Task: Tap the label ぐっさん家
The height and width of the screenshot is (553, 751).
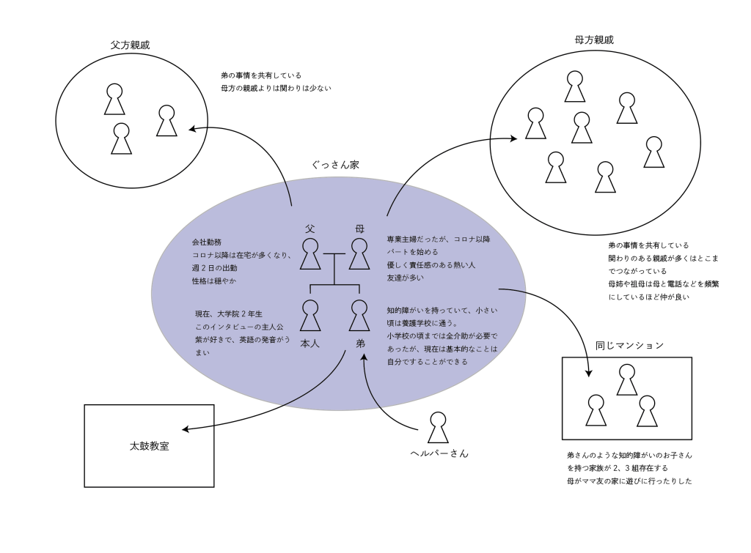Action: pyautogui.click(x=335, y=166)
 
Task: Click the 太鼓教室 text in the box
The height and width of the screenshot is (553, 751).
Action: pyautogui.click(x=149, y=445)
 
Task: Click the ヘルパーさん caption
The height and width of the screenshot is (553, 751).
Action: pyautogui.click(x=439, y=453)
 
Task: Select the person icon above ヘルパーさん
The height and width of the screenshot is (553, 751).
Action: pyautogui.click(x=438, y=427)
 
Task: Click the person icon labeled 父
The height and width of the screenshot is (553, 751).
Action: pyautogui.click(x=311, y=254)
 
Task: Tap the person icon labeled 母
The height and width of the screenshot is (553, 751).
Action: pyautogui.click(x=358, y=254)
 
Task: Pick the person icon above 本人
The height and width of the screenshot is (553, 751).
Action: pyautogui.click(x=311, y=316)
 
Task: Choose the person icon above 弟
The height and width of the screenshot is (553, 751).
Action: pyautogui.click(x=358, y=316)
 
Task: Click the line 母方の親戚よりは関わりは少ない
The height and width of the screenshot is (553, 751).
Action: pyautogui.click(x=276, y=89)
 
